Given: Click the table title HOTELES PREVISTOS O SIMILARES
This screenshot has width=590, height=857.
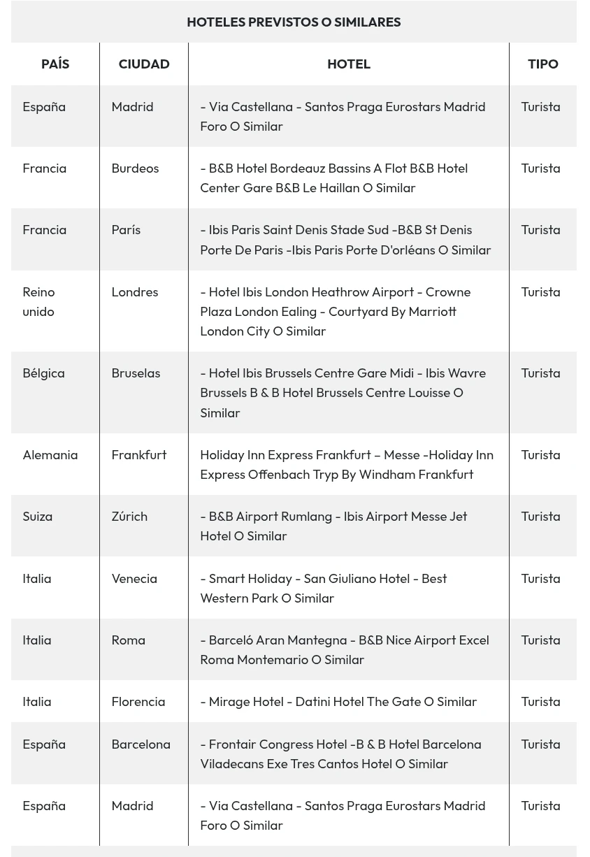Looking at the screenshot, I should pyautogui.click(x=294, y=22).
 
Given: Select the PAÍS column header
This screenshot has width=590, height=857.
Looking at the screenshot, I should pyautogui.click(x=55, y=64).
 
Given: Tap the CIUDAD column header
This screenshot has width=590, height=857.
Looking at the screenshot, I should pyautogui.click(x=144, y=64).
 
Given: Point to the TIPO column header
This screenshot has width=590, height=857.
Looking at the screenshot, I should pyautogui.click(x=542, y=64).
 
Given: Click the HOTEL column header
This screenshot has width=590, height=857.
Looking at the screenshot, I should pyautogui.click(x=348, y=64).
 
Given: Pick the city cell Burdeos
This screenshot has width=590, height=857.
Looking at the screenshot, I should pyautogui.click(x=135, y=168).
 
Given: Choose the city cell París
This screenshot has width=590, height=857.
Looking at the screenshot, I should pyautogui.click(x=126, y=230).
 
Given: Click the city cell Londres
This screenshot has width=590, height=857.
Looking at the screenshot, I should pyautogui.click(x=135, y=291).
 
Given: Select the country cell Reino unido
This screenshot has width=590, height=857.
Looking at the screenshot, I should pyautogui.click(x=38, y=301).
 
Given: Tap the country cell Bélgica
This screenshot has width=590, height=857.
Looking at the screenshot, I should pyautogui.click(x=43, y=373).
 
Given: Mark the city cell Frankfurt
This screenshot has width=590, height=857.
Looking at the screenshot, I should pyautogui.click(x=139, y=454).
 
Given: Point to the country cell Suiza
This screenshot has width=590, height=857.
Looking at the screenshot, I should pyautogui.click(x=38, y=516).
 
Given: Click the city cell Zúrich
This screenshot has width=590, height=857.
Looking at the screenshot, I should pyautogui.click(x=129, y=516).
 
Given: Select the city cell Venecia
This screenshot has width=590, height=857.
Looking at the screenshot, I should pyautogui.click(x=134, y=578).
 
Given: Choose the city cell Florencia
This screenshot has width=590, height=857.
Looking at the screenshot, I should pyautogui.click(x=138, y=701).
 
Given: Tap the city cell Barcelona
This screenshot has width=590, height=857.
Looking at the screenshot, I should pyautogui.click(x=141, y=744).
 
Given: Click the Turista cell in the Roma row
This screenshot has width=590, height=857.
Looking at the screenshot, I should pyautogui.click(x=540, y=640).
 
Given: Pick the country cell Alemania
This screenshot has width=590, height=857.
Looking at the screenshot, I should pyautogui.click(x=50, y=454).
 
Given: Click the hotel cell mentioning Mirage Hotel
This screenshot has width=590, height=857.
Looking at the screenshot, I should pyautogui.click(x=338, y=701).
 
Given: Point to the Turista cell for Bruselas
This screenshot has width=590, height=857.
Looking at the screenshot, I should pyautogui.click(x=540, y=373).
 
